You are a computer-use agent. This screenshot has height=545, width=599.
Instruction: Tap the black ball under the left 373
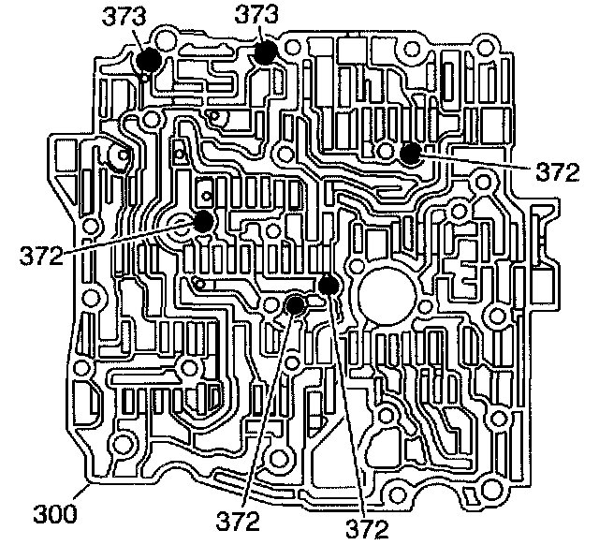click(x=149, y=61)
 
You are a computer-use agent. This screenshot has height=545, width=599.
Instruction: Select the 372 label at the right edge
click(x=559, y=171)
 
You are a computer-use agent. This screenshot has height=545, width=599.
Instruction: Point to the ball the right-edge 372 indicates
click(x=409, y=155)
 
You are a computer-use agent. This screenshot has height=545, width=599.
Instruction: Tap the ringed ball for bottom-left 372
click(x=295, y=304)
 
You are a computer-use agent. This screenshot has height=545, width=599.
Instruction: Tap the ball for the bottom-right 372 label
click(x=327, y=285)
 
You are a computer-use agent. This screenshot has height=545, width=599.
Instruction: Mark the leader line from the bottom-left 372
click(x=270, y=412)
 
